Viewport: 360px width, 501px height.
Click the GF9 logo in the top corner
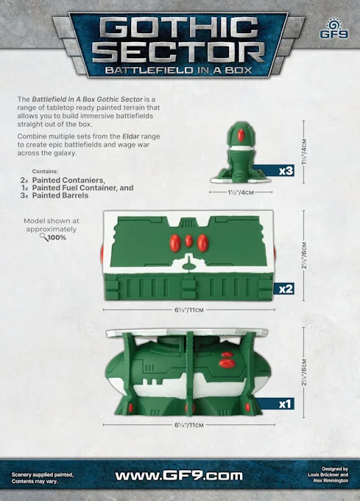click(334, 29)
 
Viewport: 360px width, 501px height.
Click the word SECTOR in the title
click(179, 53)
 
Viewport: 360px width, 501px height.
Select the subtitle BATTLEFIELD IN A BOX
click(179, 70)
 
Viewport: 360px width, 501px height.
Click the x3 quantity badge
click(286, 171)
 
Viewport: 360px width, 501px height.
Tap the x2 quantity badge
click(286, 289)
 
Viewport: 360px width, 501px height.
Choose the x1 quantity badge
click(286, 404)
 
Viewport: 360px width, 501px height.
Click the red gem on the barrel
click(241, 135)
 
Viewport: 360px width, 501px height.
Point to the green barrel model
click(241, 153)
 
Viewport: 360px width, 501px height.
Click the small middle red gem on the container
click(189, 241)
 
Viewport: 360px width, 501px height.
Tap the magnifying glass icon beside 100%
click(43, 237)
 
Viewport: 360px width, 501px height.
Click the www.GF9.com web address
click(179, 475)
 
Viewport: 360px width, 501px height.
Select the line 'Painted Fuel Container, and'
click(82, 188)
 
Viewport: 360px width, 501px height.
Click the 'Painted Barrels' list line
click(60, 195)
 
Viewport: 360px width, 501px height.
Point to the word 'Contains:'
click(45, 172)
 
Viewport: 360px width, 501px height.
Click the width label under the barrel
click(241, 192)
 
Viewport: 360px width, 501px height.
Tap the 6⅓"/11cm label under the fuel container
click(189, 425)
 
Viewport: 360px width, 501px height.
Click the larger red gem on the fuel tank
click(227, 363)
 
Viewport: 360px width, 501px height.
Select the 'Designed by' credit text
click(335, 469)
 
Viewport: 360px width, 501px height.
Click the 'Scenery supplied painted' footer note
click(43, 474)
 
